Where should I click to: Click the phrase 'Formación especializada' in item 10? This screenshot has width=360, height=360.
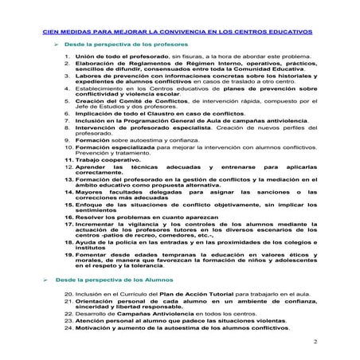115,170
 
